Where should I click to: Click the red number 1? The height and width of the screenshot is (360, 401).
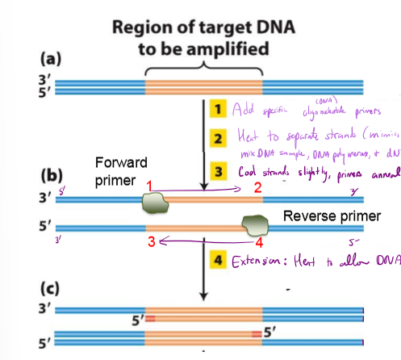(x=149, y=186)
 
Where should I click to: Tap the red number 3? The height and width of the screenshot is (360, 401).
(x=150, y=241)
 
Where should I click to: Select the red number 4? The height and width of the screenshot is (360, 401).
(x=259, y=241)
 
